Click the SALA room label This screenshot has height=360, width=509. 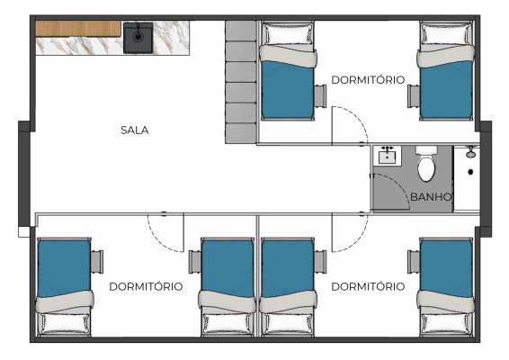[134, 130]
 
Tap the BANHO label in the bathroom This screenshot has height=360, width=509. [431, 197]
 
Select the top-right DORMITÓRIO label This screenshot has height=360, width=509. [368, 80]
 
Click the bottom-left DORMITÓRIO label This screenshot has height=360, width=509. [146, 286]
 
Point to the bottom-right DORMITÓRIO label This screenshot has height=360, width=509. [368, 286]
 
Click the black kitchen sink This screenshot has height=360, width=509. [138, 38]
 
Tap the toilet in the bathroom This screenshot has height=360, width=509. [426, 164]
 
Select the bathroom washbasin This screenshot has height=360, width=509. [388, 156]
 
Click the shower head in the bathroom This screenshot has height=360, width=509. [470, 152]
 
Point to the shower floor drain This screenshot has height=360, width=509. [470, 172]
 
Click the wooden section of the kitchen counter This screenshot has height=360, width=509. [78, 29]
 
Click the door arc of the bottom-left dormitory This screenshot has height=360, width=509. [156, 241]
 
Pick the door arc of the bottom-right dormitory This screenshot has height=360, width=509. [360, 241]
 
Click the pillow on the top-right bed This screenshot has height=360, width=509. [446, 34]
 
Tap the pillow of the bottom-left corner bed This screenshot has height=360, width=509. [64, 323]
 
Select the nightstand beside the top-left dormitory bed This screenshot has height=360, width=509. [320, 94]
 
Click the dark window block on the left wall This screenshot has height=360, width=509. [24, 175]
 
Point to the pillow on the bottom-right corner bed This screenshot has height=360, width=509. [446, 323]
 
